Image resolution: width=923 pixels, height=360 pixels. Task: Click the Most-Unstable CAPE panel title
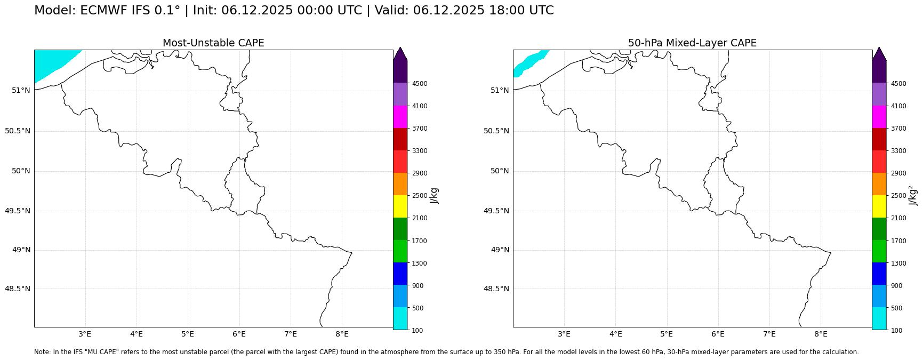click(x=213, y=43)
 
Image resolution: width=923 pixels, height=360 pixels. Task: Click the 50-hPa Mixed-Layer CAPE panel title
click(x=692, y=43)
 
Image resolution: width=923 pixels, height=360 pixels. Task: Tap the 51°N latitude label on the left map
click(x=21, y=90)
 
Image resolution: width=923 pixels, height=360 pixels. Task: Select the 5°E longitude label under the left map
click(x=187, y=334)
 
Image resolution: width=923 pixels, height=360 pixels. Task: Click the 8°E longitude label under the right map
click(x=820, y=334)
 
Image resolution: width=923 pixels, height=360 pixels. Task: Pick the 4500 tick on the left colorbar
click(x=419, y=84)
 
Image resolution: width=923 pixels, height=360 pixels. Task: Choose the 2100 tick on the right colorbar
click(x=898, y=218)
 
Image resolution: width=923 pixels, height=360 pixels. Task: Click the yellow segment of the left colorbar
click(x=400, y=206)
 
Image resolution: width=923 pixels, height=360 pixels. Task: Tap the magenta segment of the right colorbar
click(x=879, y=116)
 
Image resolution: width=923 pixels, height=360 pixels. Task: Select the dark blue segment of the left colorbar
click(x=400, y=274)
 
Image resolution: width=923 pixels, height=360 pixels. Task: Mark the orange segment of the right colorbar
click(x=879, y=184)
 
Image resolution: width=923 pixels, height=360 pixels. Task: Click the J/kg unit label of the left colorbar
click(x=434, y=195)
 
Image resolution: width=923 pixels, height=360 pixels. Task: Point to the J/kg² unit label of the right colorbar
click(x=913, y=195)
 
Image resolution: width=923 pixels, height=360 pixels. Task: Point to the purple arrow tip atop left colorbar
click(x=400, y=53)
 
